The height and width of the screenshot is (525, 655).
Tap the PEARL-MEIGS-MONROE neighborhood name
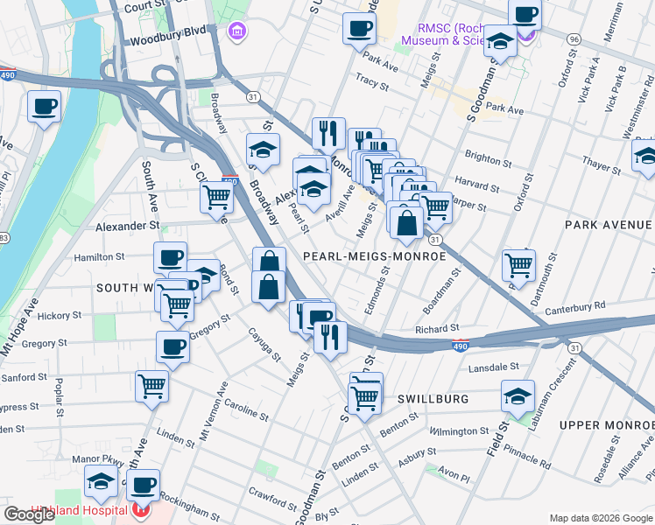[374, 256]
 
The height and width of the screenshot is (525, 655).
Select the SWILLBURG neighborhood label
[433, 398]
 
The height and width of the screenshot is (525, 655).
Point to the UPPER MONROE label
[606, 425]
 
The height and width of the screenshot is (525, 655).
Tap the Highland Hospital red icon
[141, 510]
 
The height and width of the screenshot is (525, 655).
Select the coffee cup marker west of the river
[44, 108]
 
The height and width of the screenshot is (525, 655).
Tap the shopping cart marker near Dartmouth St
[519, 265]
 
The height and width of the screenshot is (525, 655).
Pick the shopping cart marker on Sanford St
[152, 386]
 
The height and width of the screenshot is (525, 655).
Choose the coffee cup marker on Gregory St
[173, 348]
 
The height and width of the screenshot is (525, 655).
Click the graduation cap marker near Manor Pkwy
[102, 482]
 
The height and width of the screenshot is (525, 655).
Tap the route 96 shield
[574, 39]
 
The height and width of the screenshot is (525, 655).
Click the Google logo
[30, 514]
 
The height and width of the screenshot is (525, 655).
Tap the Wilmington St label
[458, 431]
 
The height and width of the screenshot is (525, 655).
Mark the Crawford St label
[271, 498]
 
